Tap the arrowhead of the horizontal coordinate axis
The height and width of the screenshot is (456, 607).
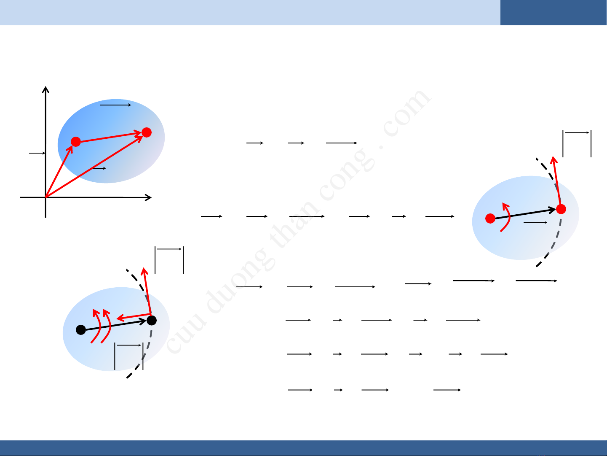148,197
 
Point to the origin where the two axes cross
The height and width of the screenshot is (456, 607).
45,197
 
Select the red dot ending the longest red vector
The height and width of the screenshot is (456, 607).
147,132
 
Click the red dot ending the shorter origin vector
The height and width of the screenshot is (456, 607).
76,141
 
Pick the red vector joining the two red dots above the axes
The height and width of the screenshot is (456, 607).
111,137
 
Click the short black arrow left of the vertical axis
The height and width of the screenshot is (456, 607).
37,153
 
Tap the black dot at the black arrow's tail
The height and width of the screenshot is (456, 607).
81,330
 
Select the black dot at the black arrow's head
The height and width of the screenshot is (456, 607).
152,321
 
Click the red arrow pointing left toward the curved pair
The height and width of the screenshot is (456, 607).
134,316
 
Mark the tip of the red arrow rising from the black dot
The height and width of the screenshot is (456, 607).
144,268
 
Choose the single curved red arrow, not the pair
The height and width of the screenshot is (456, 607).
506,217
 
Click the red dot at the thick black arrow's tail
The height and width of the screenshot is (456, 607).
490,219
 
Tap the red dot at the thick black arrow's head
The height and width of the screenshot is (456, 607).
561,209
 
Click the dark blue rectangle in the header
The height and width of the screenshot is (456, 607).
554,13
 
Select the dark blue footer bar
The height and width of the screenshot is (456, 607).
303,448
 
